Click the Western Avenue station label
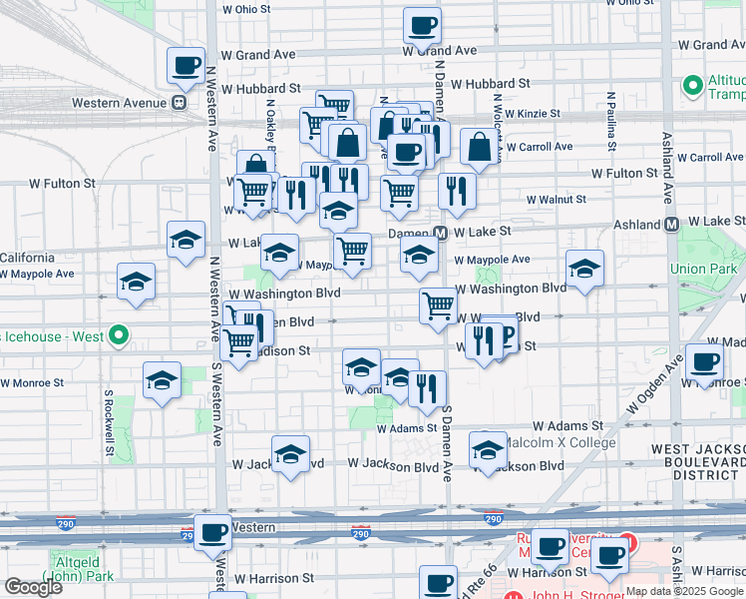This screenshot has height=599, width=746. pyautogui.click(x=119, y=102)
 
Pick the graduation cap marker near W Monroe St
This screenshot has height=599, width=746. pyautogui.click(x=162, y=380)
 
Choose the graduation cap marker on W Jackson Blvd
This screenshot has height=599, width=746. pyautogui.click(x=290, y=454)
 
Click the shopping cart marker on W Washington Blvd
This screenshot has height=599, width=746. pyautogui.click(x=438, y=305)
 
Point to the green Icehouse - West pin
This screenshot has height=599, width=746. pyautogui.click(x=118, y=336)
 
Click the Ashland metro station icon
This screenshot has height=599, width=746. pyautogui.click(x=671, y=225)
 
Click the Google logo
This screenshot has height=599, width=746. pyautogui.click(x=33, y=587)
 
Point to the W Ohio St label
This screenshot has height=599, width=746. pyautogui.click(x=246, y=9)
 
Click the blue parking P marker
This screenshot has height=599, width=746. pyautogui.click(x=504, y=335)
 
